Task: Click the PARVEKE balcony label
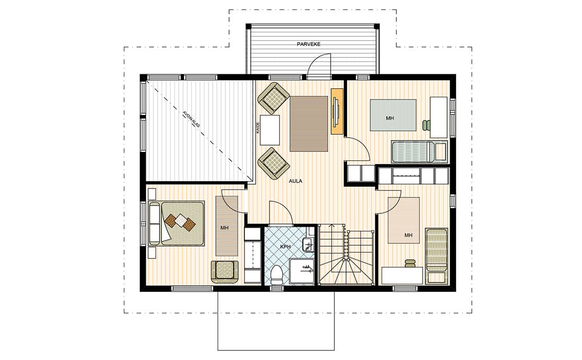pos(308,44)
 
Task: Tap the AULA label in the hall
pos(295,181)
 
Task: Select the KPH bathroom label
pos(285,247)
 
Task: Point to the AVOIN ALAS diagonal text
pos(191,119)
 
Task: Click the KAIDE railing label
pos(258,128)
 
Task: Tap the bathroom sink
pos(308,245)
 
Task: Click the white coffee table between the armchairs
pos(270,130)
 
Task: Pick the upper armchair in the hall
pos(274,98)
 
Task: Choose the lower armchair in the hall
pos(274,164)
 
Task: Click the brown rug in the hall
pos(309,124)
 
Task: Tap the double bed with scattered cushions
pos(177,223)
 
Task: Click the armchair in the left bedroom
pos(224,272)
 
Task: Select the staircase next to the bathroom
pos(347,255)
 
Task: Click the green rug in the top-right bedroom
pos(393,115)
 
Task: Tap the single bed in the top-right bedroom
pos(419,151)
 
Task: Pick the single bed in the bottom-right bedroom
pos(436,256)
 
